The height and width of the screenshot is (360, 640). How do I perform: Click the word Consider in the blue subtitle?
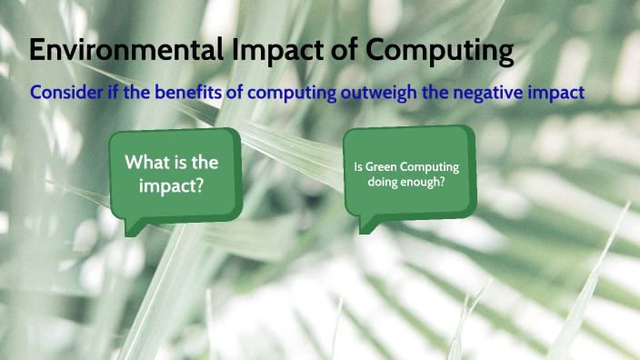pyautogui.click(x=66, y=93)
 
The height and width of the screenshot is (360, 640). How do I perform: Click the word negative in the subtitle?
pyautogui.click(x=496, y=93)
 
